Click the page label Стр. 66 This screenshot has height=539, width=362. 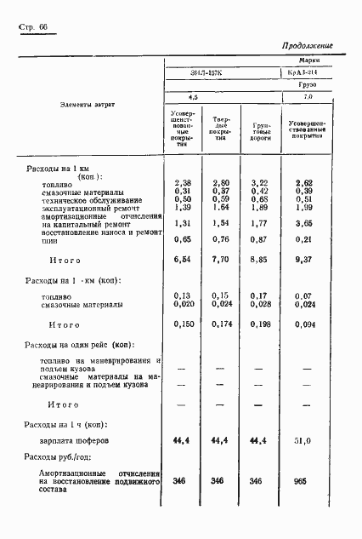coord(31,27)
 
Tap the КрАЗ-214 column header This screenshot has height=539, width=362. coord(303,73)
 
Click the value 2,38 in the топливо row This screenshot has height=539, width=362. coord(183,183)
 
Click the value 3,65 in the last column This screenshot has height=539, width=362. coord(303,223)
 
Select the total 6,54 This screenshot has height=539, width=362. coord(183,259)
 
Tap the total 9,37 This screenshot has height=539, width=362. coord(303,259)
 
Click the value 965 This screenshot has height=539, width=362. coord(303,481)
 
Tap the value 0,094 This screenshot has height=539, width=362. coord(303,324)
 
